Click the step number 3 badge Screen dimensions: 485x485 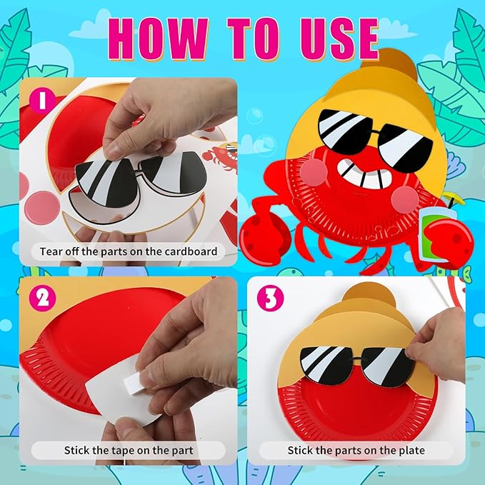(269, 299)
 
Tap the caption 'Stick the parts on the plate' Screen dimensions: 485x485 (355, 450)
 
